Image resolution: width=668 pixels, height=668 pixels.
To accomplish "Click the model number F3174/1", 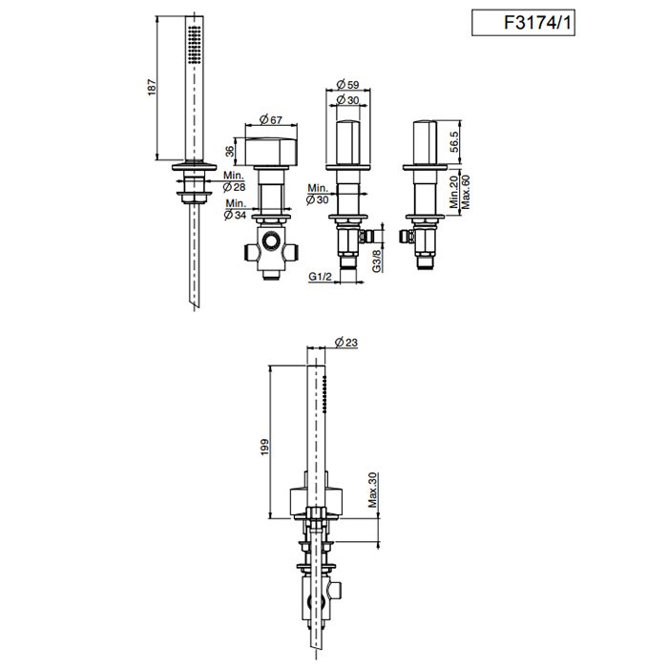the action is tap(537, 23).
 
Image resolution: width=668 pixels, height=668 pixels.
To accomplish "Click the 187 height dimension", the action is tap(152, 88).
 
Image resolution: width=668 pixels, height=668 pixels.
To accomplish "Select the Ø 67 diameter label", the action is tap(271, 119).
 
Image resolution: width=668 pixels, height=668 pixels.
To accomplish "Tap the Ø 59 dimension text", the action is tap(347, 84).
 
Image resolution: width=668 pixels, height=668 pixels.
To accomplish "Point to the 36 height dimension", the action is tap(230, 151).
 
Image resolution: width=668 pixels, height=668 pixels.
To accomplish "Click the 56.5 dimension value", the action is tap(454, 142).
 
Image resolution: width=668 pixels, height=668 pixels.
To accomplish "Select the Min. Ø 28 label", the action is tap(234, 181).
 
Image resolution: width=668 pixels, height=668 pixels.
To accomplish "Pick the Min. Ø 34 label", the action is tap(236, 209).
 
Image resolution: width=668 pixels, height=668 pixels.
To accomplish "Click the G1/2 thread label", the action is tap(320, 277).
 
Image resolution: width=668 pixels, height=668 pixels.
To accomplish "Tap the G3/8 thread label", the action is tap(377, 261).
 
